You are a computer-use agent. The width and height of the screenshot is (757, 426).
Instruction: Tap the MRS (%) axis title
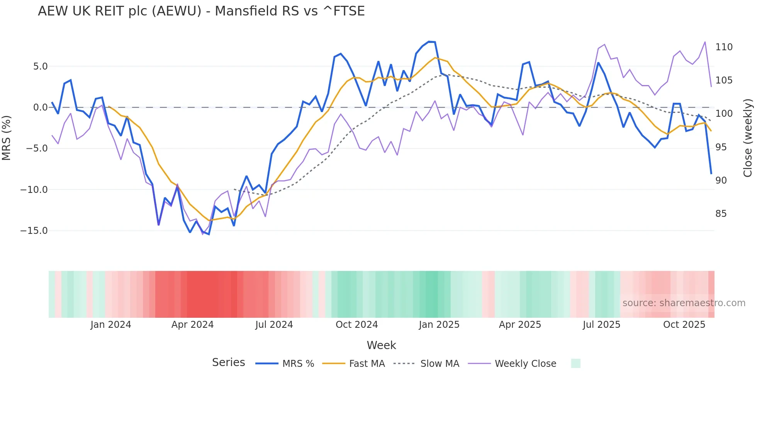click(7, 138)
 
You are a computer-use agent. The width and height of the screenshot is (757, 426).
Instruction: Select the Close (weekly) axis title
click(748, 138)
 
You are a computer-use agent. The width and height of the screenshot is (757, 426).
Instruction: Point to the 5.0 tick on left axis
click(40, 66)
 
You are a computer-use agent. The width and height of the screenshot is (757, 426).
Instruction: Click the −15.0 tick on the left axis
click(34, 231)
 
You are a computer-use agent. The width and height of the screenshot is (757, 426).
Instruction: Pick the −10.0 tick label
click(34, 190)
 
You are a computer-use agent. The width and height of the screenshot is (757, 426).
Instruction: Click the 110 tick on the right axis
click(724, 47)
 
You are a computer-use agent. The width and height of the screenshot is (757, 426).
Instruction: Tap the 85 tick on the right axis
click(721, 214)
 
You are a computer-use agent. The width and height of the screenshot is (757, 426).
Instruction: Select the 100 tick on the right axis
click(724, 114)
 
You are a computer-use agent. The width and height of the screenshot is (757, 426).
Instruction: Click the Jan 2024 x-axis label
click(111, 325)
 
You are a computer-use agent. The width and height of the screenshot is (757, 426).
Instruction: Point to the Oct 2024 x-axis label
click(356, 325)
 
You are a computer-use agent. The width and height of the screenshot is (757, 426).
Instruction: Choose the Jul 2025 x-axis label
click(601, 325)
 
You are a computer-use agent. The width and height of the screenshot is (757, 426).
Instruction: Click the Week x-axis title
click(381, 345)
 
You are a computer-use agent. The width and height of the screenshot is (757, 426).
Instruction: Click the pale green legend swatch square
click(575, 363)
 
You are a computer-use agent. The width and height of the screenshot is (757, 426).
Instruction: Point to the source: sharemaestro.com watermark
click(684, 303)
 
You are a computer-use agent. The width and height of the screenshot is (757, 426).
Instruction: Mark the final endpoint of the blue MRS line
click(711, 174)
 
